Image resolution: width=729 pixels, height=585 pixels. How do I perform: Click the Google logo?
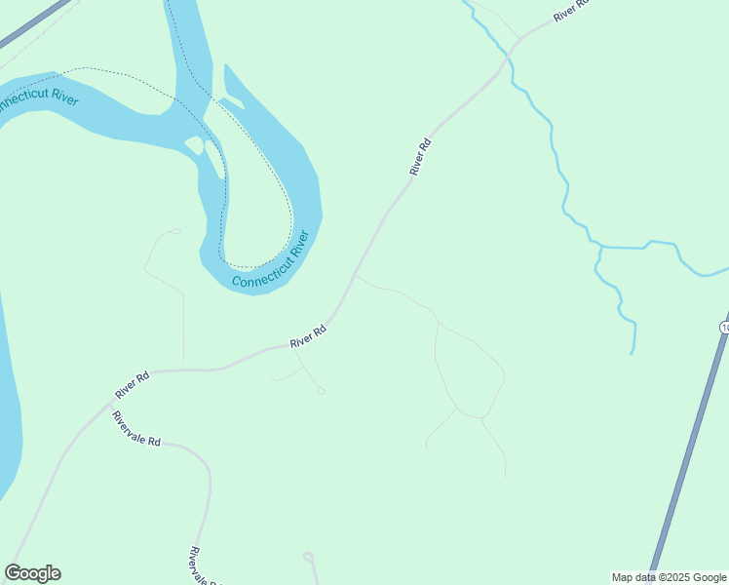(32, 573)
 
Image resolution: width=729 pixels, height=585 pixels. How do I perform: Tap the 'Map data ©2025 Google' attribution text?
(669, 577)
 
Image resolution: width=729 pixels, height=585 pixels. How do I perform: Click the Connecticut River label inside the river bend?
(270, 260)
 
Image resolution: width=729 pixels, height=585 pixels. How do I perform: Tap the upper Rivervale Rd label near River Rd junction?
(135, 428)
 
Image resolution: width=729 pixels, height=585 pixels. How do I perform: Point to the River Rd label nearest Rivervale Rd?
(132, 384)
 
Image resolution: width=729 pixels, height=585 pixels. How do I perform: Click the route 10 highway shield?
(724, 327)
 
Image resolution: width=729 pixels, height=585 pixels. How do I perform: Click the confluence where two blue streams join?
(599, 248)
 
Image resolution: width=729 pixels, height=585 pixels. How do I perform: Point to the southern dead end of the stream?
(633, 352)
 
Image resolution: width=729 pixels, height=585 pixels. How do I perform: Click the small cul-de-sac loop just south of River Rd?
(321, 392)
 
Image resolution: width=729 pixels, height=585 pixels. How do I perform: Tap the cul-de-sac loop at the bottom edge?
(309, 558)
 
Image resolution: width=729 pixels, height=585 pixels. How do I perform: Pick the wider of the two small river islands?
(194, 144)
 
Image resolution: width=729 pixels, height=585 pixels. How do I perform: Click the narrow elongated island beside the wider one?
(215, 160)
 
